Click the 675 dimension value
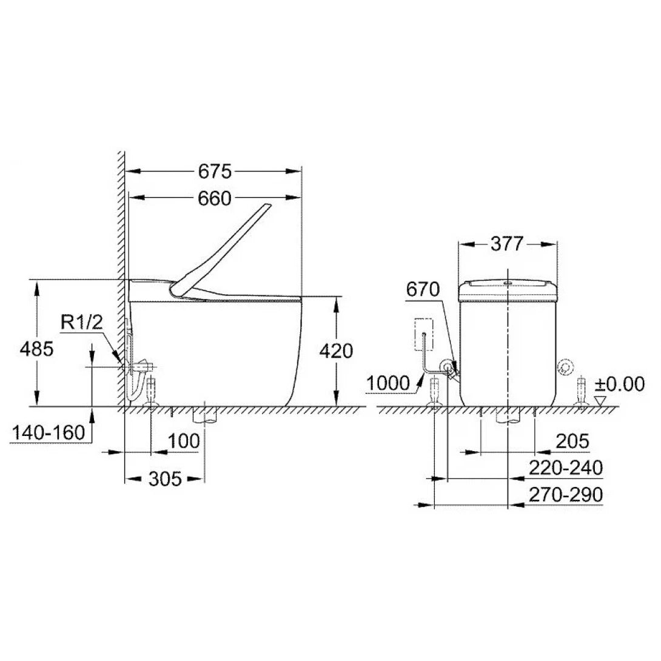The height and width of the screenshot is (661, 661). coord(215,172)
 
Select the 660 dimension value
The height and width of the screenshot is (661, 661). coord(215,198)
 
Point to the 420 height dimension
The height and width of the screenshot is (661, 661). coord(335,351)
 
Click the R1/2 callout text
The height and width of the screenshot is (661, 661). coord(82,323)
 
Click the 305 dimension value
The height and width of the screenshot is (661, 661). coord(165,479)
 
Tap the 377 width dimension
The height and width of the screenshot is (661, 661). coord(507,244)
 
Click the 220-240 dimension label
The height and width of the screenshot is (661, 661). coord(565,468)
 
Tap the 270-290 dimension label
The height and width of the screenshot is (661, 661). coord(565,495)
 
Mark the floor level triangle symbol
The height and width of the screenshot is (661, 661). coord(600,401)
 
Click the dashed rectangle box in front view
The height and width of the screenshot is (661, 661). coord(424,334)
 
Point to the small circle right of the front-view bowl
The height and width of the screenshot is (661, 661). coord(565,367)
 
